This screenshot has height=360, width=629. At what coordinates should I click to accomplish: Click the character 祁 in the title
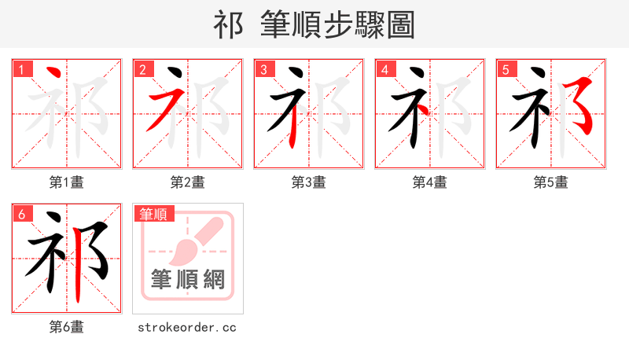coord(228,25)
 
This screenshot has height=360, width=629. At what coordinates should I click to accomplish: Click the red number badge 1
coord(21,69)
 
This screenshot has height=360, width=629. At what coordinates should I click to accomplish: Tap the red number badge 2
coord(142,69)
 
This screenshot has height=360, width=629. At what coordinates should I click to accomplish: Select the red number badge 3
coord(263,69)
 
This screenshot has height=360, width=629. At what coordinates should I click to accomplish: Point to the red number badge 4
coord(384,69)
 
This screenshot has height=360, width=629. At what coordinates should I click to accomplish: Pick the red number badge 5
coord(506,69)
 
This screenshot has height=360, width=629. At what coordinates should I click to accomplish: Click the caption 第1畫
coord(67,182)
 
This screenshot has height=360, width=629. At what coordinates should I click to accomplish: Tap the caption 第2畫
coord(188,182)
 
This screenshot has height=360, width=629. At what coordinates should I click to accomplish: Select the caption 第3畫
coord(309,182)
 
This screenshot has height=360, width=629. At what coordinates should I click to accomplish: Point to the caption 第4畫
coord(430,182)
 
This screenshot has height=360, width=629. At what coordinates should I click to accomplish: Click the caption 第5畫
coord(551,182)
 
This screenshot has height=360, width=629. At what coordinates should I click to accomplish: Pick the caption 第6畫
coord(67,327)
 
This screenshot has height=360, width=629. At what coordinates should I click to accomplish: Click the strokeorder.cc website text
coord(188,327)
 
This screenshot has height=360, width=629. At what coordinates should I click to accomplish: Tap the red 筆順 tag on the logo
coord(153,213)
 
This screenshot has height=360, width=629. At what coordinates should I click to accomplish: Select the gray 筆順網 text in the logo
coord(188,279)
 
